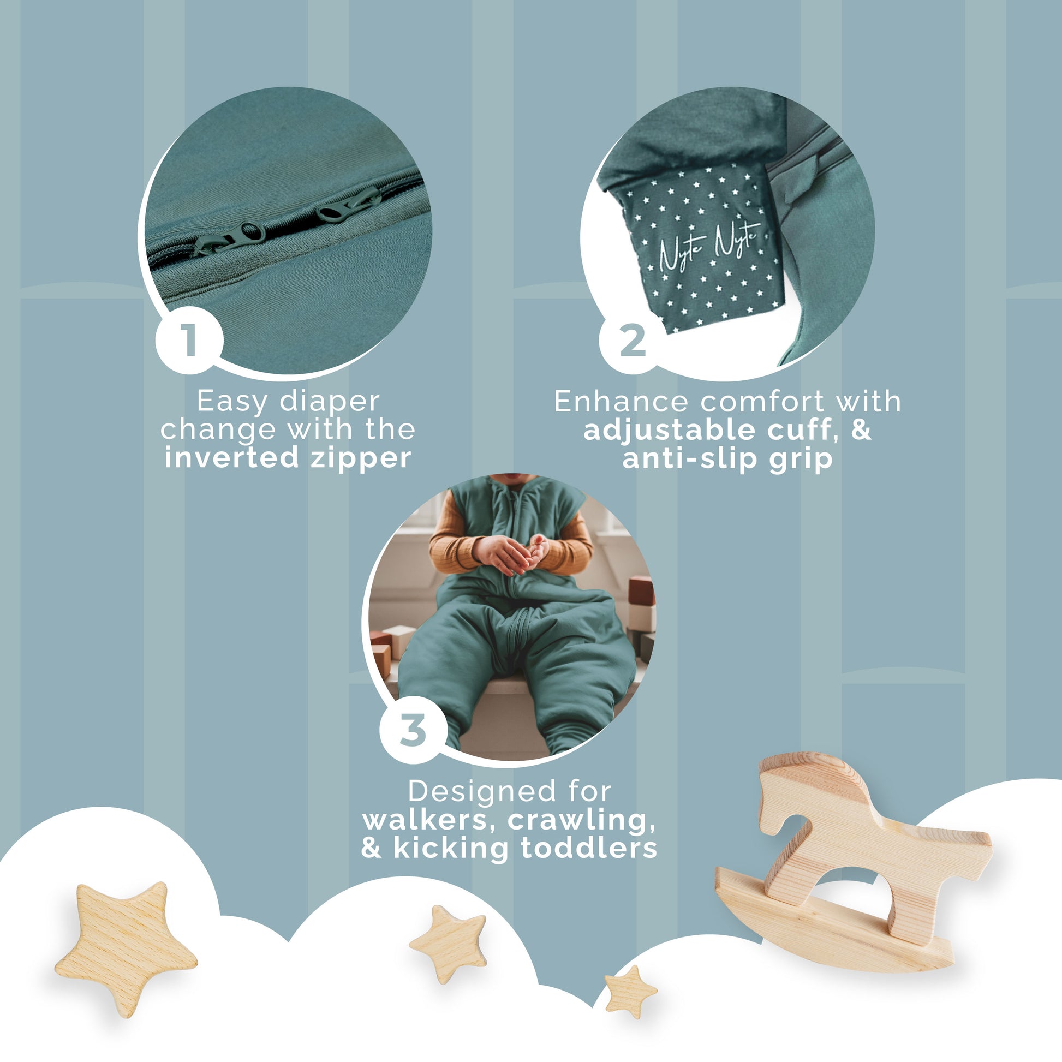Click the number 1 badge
pyautogui.click(x=189, y=339)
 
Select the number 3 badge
pyautogui.click(x=413, y=730)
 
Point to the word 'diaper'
pyautogui.click(x=330, y=402)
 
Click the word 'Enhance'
pyautogui.click(x=621, y=401)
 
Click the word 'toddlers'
pyautogui.click(x=589, y=848)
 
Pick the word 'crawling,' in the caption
pyautogui.click(x=581, y=820)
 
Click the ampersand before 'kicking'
pyautogui.click(x=372, y=848)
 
